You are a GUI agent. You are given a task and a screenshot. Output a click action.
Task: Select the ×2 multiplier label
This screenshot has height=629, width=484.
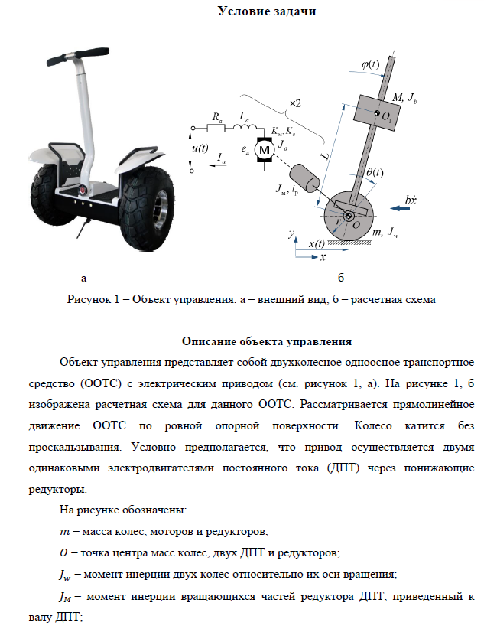[295, 103]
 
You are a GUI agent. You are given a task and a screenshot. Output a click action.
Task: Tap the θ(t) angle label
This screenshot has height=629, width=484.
[375, 173]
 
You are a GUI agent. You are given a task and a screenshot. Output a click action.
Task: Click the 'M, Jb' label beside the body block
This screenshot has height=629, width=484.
[404, 99]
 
